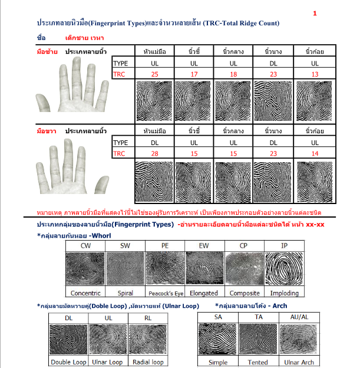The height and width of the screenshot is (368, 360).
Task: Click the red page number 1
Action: (x=315, y=12)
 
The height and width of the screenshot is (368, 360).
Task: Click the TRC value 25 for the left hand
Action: (x=154, y=73)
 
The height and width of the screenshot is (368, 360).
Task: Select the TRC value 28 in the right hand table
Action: (x=154, y=153)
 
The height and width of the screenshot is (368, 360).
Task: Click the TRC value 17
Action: (x=194, y=73)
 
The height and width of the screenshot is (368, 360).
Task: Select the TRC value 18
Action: (x=234, y=73)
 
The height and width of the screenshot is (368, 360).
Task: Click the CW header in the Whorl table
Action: (x=85, y=245)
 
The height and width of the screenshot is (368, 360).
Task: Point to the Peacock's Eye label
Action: (x=166, y=293)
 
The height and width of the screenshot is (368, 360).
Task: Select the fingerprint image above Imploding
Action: (x=285, y=268)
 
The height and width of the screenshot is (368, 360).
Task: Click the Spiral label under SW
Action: (x=125, y=293)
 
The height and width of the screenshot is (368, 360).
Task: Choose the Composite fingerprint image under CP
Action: (x=245, y=268)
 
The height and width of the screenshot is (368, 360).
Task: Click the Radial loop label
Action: (x=147, y=362)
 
